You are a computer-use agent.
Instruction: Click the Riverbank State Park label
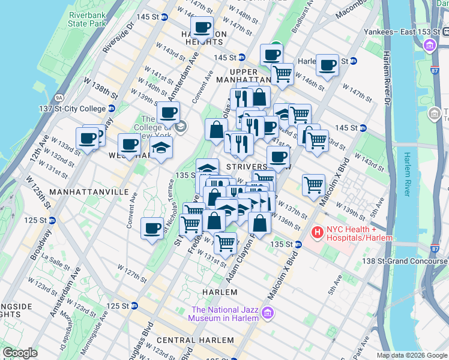coord(88,19)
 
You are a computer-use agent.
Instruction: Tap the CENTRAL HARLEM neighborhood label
coord(190,340)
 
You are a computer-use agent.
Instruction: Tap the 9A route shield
coord(59,97)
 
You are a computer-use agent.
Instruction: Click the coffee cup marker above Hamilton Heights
coord(202,28)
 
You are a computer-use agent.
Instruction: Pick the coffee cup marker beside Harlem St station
coord(328,65)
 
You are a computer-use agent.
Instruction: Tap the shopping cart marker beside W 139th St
coord(313,185)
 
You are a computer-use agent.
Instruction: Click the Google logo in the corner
coord(20,353)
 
